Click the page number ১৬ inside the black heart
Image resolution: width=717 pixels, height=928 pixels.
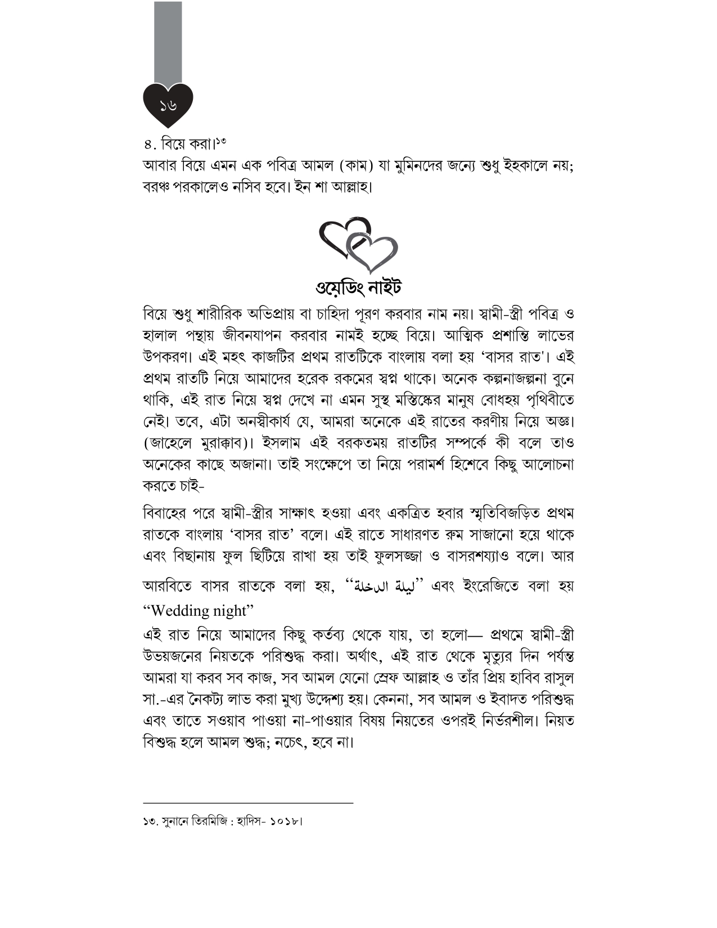click(168, 105)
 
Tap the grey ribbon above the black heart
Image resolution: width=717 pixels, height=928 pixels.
click(168, 42)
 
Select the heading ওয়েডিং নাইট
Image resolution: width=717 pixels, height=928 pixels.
click(359, 287)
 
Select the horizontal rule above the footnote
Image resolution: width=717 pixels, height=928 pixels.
click(248, 803)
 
